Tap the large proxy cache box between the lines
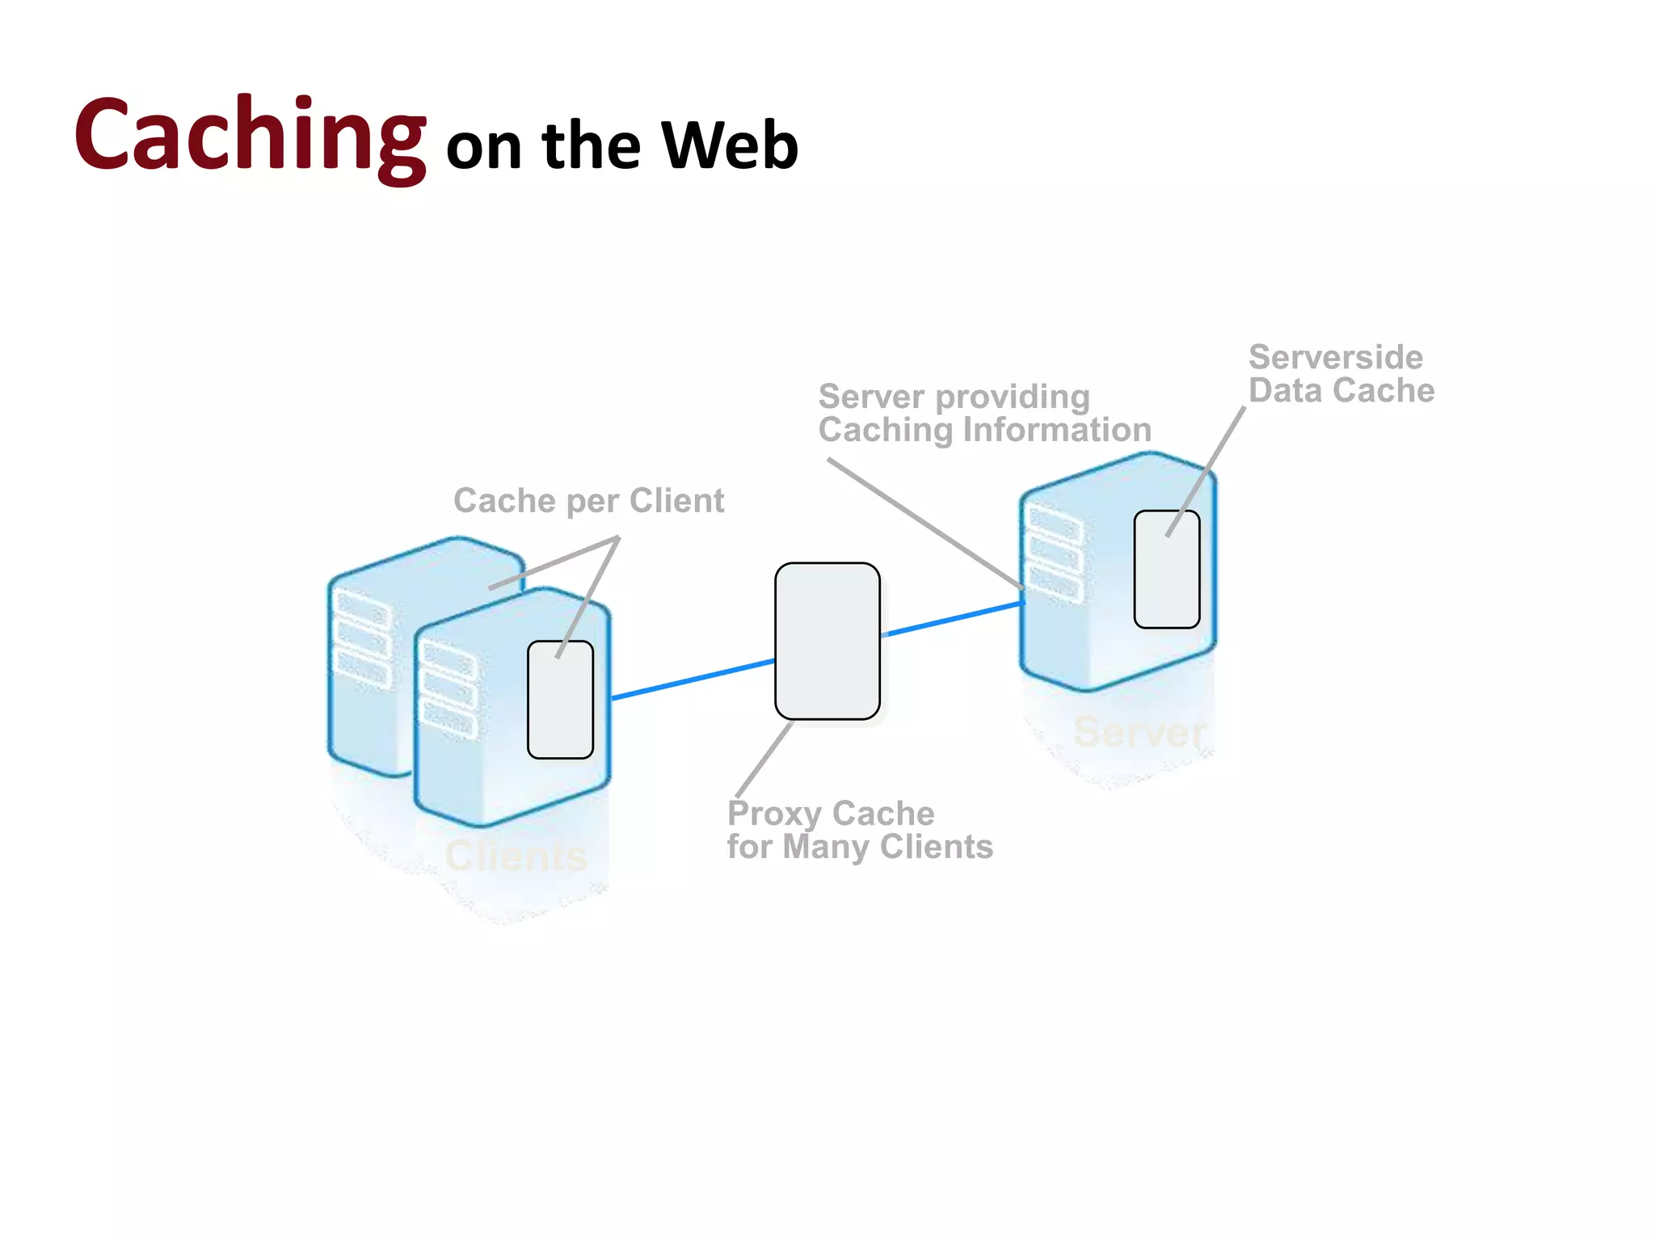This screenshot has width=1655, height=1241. point(827,641)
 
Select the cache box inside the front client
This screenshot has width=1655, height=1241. point(560,700)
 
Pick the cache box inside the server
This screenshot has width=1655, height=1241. point(1166,570)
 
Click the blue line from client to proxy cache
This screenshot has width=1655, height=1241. point(693,679)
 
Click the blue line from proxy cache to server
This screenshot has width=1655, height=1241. point(954,619)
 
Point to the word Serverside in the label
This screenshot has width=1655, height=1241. point(1335,357)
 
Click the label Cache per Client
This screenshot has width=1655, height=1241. point(588,501)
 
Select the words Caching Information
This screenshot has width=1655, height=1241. point(984,430)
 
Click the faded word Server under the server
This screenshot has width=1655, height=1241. point(1139,732)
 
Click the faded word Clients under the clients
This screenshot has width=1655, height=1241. point(516,856)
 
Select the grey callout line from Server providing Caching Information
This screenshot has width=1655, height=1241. point(921,521)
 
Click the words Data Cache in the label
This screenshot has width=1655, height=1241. point(1341,391)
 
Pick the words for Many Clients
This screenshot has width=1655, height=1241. point(859,847)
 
